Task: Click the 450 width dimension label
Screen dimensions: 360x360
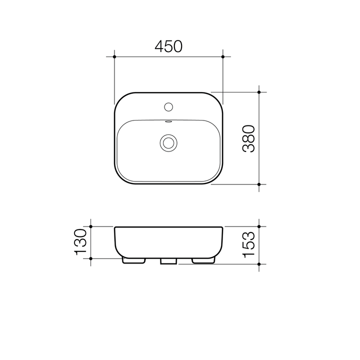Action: [x=168, y=46]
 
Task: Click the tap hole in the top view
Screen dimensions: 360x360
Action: [x=168, y=106]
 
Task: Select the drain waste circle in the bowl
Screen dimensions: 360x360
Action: [x=168, y=142]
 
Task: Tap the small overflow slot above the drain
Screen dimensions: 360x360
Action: [x=168, y=121]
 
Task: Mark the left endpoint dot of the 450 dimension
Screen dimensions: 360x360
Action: [x=114, y=57]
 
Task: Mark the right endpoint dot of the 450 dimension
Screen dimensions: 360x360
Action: [x=223, y=57]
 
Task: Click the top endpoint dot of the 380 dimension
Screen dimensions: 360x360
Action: [x=259, y=92]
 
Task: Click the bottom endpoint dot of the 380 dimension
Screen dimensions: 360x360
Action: [x=259, y=184]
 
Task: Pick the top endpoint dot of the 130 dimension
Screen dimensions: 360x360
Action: [x=91, y=226]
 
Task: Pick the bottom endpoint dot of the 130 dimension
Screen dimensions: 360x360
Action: [x=91, y=258]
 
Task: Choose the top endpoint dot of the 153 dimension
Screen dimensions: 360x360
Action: [x=259, y=226]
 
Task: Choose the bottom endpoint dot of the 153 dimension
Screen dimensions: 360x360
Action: [x=259, y=263]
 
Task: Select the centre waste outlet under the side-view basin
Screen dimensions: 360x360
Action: [x=168, y=261]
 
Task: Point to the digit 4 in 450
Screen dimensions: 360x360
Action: [x=159, y=46]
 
